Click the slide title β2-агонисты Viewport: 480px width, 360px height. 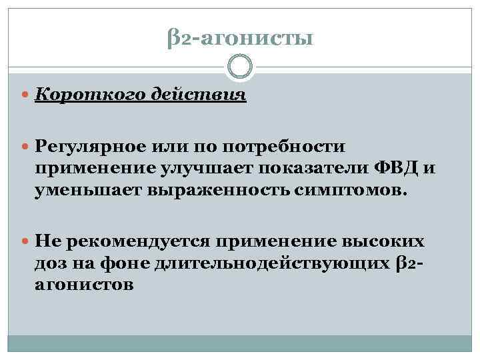click(x=239, y=39)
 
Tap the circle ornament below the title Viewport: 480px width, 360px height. click(x=240, y=67)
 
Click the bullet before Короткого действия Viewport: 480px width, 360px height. click(x=25, y=95)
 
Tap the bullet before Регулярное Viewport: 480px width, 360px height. click(x=25, y=146)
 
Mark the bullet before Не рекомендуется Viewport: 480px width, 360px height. click(x=25, y=241)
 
